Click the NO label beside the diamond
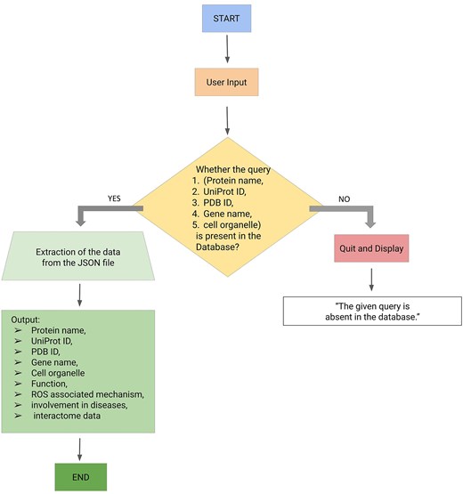click(341, 198)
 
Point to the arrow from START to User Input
click(229, 48)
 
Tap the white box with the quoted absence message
click(370, 311)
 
